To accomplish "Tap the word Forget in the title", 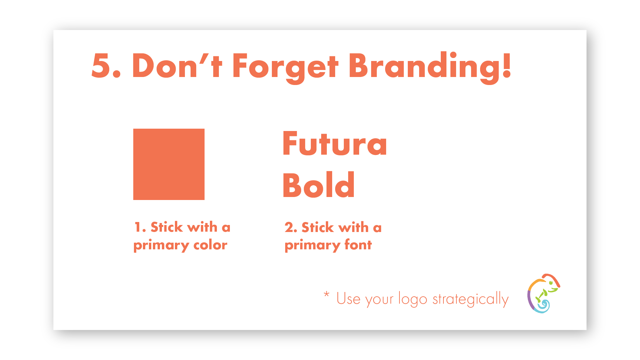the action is click(x=285, y=68).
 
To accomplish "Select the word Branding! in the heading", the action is click(x=430, y=68).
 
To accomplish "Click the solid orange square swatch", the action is click(x=169, y=164).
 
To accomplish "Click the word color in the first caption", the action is click(x=210, y=245).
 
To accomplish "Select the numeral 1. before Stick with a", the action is click(x=140, y=227).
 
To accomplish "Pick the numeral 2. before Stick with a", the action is click(x=291, y=227).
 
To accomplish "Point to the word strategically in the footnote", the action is click(x=470, y=299).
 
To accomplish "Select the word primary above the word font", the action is click(x=313, y=246).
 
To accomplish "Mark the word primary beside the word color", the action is click(x=161, y=246).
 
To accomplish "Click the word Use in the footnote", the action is click(x=348, y=299).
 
